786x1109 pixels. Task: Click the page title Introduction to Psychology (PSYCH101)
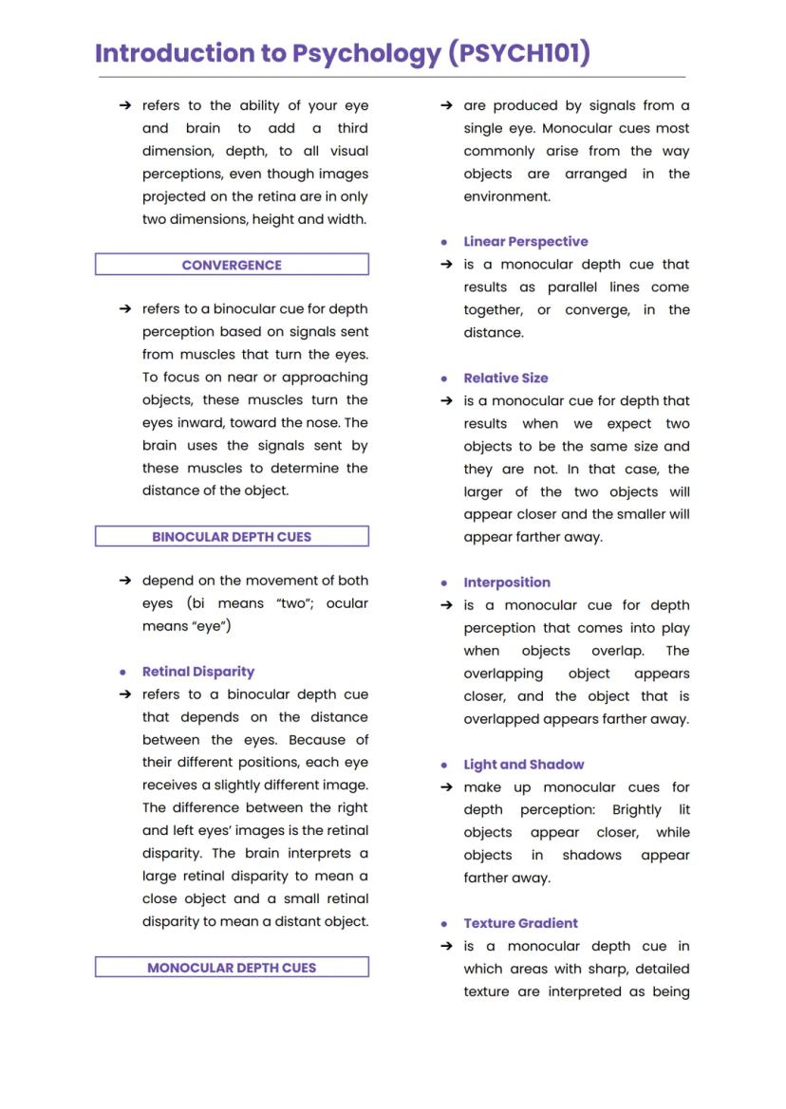click(x=343, y=53)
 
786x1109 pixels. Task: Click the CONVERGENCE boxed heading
click(x=232, y=265)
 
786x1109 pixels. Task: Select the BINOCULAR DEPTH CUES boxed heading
click(x=232, y=537)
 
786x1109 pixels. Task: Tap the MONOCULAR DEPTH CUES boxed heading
click(x=232, y=968)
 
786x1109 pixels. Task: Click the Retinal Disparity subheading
click(x=198, y=672)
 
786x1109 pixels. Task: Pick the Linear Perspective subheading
click(x=525, y=242)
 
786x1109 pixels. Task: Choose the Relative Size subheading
click(x=505, y=378)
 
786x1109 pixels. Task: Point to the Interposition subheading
click(x=506, y=582)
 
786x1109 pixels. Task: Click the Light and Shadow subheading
click(x=523, y=765)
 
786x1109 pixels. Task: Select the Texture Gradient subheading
click(x=520, y=923)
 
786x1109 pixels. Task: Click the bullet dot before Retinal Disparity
click(x=123, y=672)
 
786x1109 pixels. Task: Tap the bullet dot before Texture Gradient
click(x=444, y=924)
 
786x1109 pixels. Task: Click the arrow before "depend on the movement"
click(x=124, y=581)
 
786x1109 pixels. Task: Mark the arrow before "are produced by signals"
click(x=446, y=105)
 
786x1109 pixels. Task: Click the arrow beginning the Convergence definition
click(x=124, y=309)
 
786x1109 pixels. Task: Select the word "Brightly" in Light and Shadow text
click(x=636, y=810)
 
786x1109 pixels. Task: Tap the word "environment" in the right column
click(x=506, y=196)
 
